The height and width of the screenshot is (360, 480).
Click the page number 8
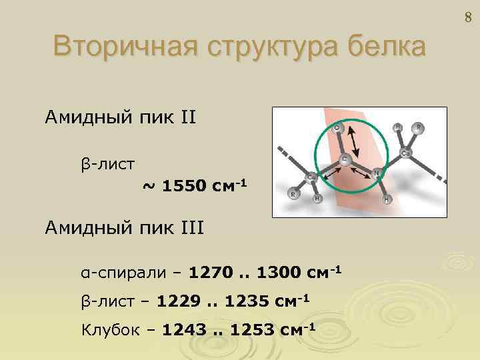pyautogui.click(x=467, y=19)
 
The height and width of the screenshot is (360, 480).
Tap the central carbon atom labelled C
pyautogui.click(x=345, y=159)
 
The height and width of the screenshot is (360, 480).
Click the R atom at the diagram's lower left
pyautogui.click(x=293, y=195)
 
